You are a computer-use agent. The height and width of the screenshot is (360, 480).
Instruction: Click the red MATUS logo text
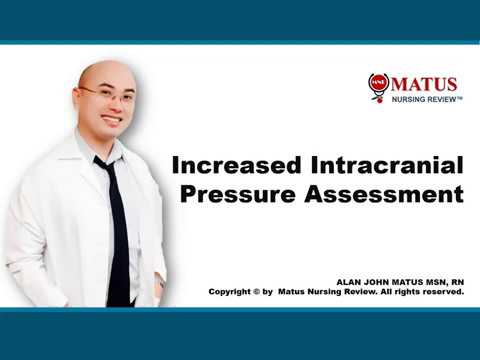coord(424,84)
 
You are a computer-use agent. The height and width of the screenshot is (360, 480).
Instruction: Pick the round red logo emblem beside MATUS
coord(378,86)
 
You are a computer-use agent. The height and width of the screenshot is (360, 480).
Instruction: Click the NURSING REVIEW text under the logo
coord(421,101)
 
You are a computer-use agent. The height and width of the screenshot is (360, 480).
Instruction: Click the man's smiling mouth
coord(110,119)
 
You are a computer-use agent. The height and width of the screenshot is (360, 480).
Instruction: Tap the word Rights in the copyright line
coord(412,292)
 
